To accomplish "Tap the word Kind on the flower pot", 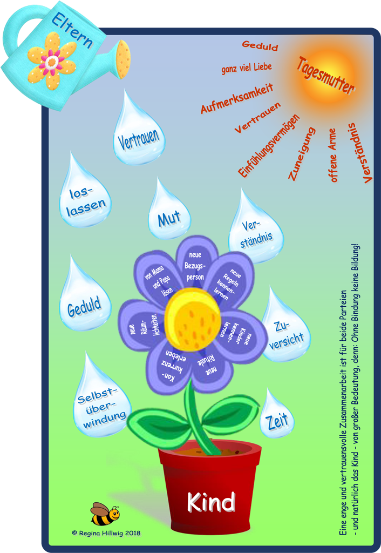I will pyautogui.click(x=211, y=502).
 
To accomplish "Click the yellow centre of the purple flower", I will pyautogui.click(x=193, y=319).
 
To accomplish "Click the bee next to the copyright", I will pyautogui.click(x=104, y=514).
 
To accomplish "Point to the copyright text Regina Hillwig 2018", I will pyautogui.click(x=106, y=532).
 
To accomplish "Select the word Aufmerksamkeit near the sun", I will pyautogui.click(x=237, y=98).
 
